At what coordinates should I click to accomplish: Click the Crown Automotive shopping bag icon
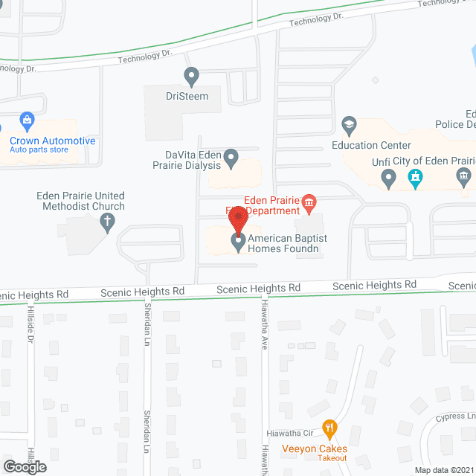pyautogui.click(x=27, y=120)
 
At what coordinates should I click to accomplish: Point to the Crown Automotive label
pyautogui.click(x=52, y=141)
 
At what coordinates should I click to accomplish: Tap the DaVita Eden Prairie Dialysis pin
pyautogui.click(x=231, y=158)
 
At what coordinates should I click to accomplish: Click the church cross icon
pyautogui.click(x=107, y=221)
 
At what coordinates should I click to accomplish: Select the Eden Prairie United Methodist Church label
pyautogui.click(x=81, y=201)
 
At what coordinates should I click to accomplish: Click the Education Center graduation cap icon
pyautogui.click(x=349, y=123)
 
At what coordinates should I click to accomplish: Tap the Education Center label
pyautogui.click(x=371, y=145)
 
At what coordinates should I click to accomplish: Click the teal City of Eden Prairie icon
pyautogui.click(x=415, y=178)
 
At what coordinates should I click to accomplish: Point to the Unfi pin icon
pyautogui.click(x=388, y=178)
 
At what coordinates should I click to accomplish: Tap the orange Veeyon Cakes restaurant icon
pyautogui.click(x=330, y=428)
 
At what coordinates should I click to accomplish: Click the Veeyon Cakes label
pyautogui.click(x=315, y=448)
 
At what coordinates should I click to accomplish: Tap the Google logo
pyautogui.click(x=24, y=466)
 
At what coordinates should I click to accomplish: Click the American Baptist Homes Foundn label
pyautogui.click(x=288, y=243)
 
